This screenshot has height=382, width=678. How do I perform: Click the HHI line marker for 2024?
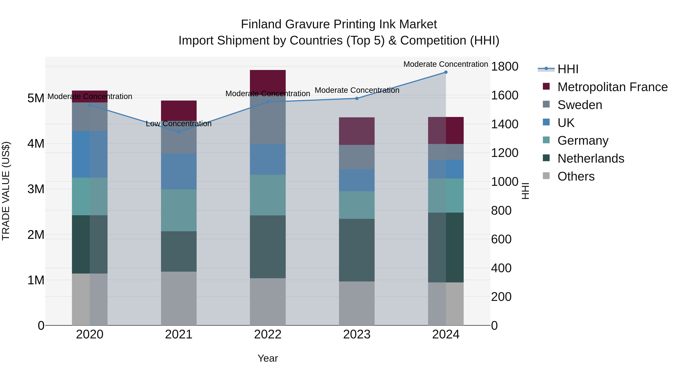click(x=446, y=72)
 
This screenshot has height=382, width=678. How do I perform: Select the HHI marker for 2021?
click(x=179, y=132)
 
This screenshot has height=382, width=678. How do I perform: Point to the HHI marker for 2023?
click(x=357, y=98)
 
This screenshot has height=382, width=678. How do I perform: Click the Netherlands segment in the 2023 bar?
click(x=357, y=250)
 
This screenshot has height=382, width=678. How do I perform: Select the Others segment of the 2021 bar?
click(x=179, y=298)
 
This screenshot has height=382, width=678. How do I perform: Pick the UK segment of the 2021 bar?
click(x=179, y=171)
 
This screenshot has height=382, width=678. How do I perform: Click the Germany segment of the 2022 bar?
click(x=268, y=195)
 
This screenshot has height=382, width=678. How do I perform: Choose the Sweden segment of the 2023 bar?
click(x=357, y=157)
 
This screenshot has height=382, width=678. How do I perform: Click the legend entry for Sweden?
click(x=580, y=105)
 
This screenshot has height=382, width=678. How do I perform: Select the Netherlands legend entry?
click(x=591, y=158)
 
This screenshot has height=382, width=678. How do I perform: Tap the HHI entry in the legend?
click(x=568, y=69)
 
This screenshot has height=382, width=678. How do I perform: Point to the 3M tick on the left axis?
click(x=36, y=189)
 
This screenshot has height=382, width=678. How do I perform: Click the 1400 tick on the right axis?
click(x=504, y=124)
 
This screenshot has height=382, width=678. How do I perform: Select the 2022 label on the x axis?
click(x=268, y=334)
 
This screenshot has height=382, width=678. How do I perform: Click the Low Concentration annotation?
click(x=179, y=124)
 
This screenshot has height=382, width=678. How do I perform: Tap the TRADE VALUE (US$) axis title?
click(x=6, y=191)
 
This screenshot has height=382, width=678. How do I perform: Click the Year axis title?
click(x=268, y=358)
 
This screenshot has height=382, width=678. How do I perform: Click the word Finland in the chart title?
click(x=261, y=24)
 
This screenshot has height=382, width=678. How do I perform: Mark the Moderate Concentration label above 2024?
click(x=446, y=64)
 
